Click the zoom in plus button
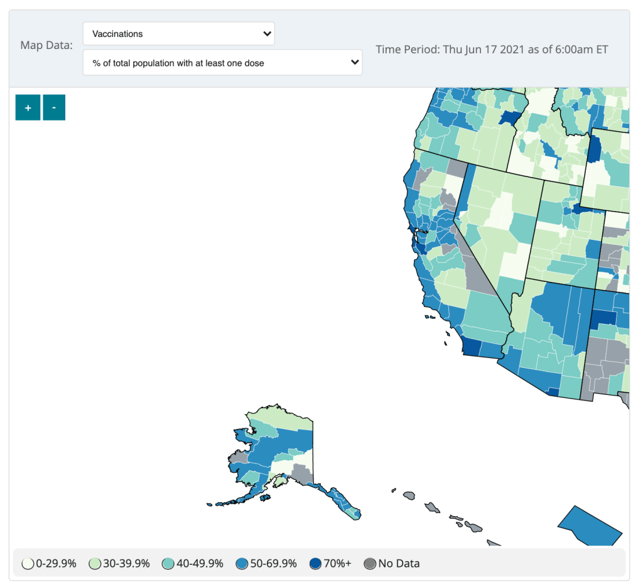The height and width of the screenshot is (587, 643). [28, 107]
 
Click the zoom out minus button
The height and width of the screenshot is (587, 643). [54, 107]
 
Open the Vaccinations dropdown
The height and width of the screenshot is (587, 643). [178, 33]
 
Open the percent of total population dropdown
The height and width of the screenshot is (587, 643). [222, 63]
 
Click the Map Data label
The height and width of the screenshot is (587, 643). [46, 45]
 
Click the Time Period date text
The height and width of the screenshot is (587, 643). [492, 49]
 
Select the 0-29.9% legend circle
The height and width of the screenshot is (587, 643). [28, 564]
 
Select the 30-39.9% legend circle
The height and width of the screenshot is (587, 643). [95, 564]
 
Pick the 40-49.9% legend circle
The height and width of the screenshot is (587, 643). [169, 564]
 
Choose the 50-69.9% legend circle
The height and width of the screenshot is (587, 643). [242, 564]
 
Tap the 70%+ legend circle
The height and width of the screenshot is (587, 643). [316, 564]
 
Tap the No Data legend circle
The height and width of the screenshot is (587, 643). [370, 564]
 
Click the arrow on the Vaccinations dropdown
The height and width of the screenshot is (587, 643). [267, 33]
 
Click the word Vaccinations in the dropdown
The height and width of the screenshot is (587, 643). [117, 33]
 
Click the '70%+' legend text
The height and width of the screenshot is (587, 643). [338, 564]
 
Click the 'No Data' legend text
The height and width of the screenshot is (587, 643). [399, 564]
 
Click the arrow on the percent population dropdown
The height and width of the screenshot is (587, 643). [355, 63]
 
